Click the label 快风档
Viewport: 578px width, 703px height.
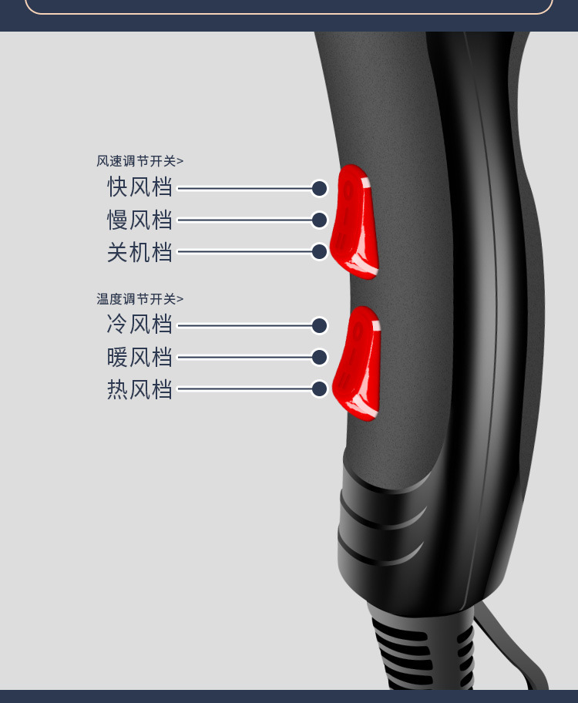click(139, 187)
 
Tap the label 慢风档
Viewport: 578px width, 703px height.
click(139, 220)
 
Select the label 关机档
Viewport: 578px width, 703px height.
click(139, 252)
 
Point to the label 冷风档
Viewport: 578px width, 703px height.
click(139, 324)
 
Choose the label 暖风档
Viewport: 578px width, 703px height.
click(139, 357)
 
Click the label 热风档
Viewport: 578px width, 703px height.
click(139, 389)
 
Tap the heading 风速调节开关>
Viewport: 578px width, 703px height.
click(140, 161)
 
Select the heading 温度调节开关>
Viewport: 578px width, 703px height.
click(140, 299)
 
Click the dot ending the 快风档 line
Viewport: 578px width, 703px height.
click(319, 188)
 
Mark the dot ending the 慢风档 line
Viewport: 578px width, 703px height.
click(319, 220)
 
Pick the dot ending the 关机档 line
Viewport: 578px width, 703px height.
click(319, 251)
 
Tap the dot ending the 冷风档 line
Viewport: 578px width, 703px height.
click(319, 325)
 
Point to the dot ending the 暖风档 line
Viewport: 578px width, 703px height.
click(319, 357)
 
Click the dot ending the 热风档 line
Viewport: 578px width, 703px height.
click(319, 389)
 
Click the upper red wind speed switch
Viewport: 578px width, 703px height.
click(355, 222)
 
